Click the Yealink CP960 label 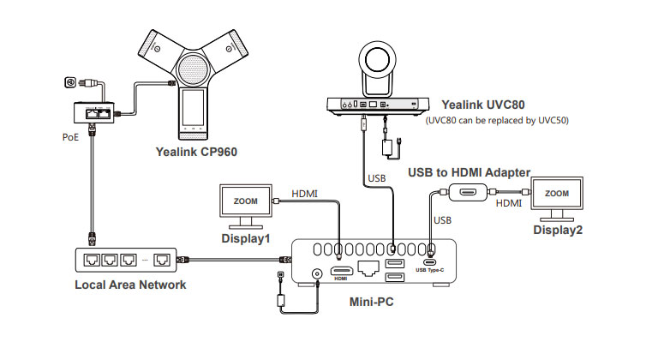[x=197, y=152]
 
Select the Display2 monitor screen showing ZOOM [x=557, y=195]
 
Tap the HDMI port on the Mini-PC [x=340, y=270]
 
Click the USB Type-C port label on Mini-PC [x=431, y=271]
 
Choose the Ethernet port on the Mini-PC [x=367, y=270]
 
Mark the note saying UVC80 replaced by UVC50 [x=497, y=120]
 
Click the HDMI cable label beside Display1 [x=305, y=195]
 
